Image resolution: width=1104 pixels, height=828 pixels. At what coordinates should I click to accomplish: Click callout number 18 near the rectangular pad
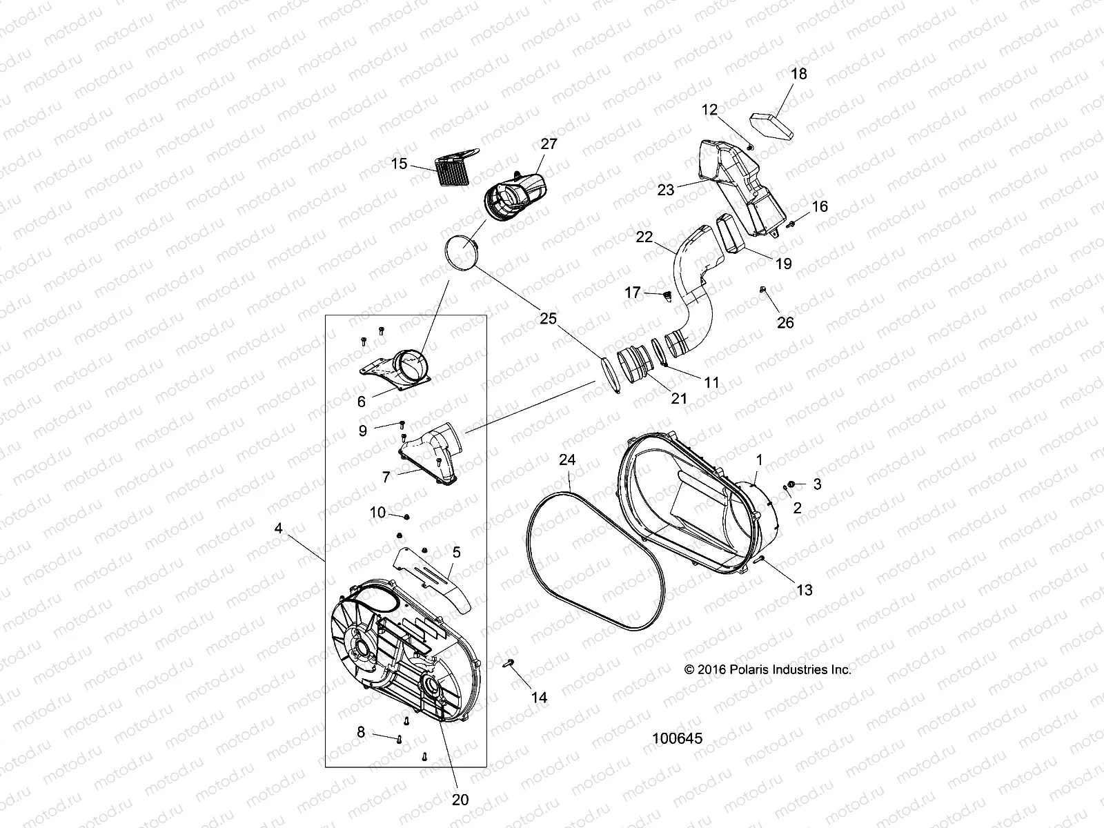click(798, 73)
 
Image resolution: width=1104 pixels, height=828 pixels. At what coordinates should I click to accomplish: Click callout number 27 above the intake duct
click(549, 144)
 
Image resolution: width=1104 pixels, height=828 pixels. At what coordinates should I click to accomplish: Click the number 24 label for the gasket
click(567, 460)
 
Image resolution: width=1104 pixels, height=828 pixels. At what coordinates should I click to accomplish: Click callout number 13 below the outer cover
click(804, 590)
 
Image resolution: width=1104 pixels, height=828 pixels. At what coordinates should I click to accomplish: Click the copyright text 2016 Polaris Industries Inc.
click(767, 669)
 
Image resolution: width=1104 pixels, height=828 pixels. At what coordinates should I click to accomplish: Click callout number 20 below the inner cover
click(460, 799)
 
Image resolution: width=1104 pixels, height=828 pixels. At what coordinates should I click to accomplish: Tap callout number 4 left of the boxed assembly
click(278, 529)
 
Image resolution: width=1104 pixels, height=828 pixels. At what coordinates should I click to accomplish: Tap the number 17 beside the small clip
click(632, 293)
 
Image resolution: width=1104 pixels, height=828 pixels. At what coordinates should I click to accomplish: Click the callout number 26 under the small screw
click(785, 322)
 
